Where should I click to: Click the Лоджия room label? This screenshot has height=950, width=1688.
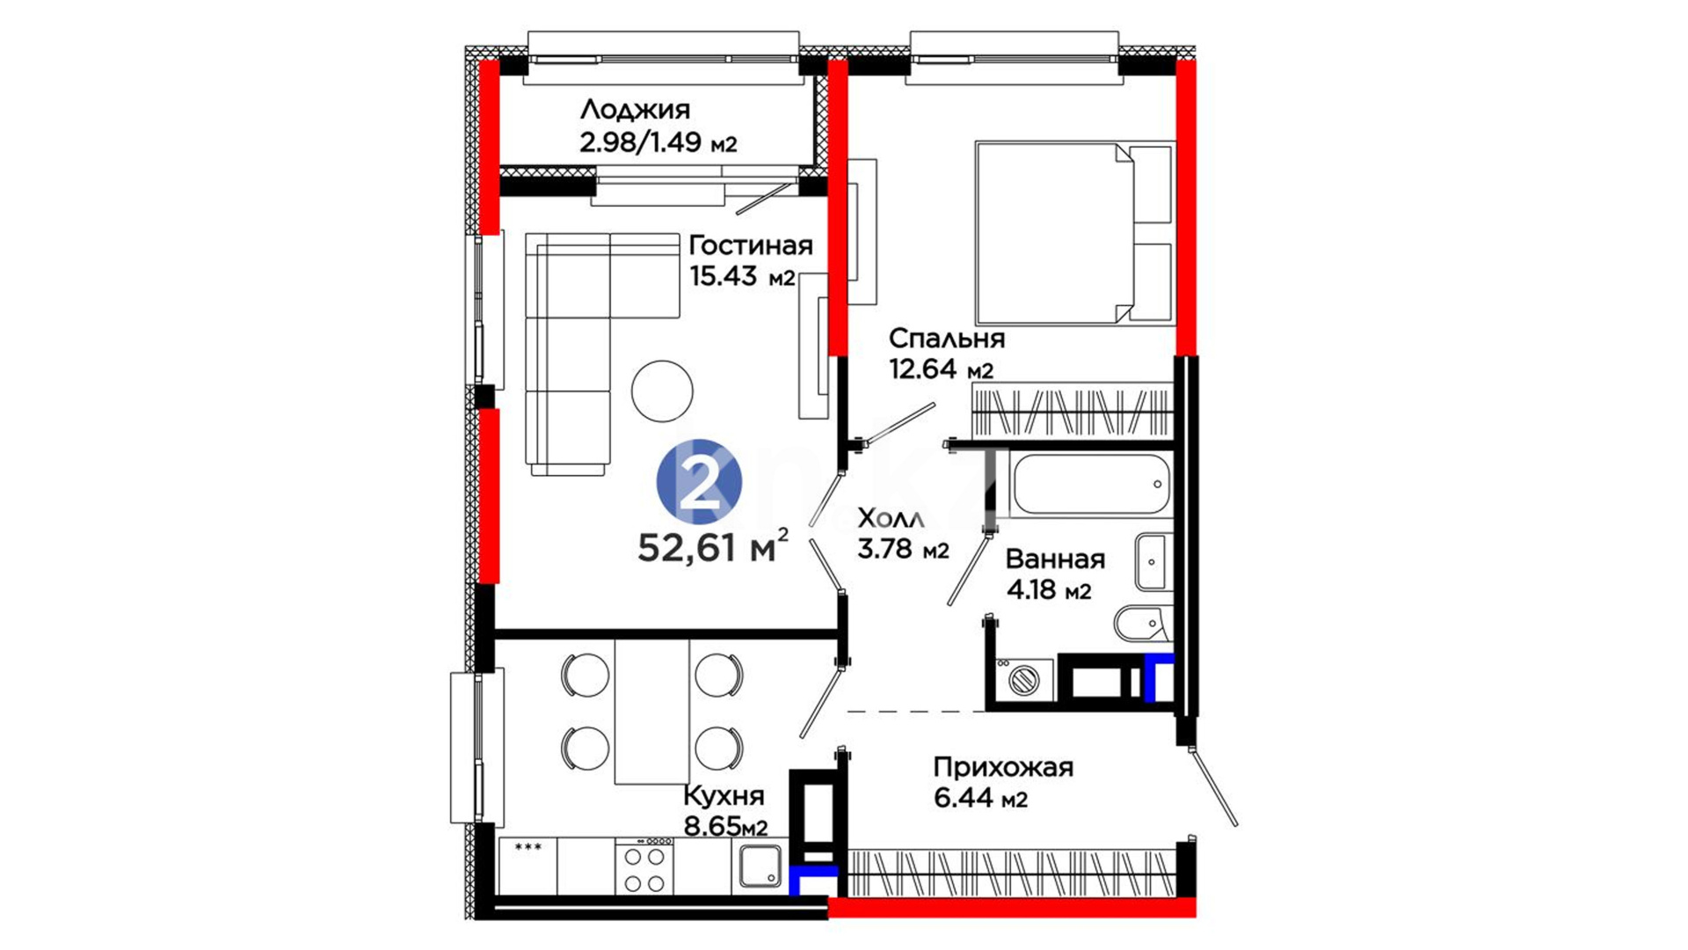(x=635, y=110)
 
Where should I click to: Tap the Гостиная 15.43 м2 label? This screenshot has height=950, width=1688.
(x=750, y=260)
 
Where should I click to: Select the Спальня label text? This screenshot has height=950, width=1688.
(x=946, y=338)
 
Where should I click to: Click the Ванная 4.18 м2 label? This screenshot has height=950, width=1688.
(x=1055, y=574)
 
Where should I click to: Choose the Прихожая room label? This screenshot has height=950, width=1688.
(x=1003, y=767)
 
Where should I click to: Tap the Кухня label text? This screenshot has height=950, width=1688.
(x=724, y=796)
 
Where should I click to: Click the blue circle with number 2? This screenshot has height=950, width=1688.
(x=700, y=482)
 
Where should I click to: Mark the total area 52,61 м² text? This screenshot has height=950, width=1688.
(x=713, y=546)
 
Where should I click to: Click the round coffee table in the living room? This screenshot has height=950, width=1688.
(x=662, y=391)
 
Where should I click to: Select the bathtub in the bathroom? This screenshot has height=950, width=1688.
(x=1090, y=484)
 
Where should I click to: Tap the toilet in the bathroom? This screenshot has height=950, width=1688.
(x=1141, y=625)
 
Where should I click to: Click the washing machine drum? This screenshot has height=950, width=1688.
(x=1023, y=680)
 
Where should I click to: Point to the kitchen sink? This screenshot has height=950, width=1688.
(x=760, y=866)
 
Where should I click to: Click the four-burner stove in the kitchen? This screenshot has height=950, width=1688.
(x=644, y=866)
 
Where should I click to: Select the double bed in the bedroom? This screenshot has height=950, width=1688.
(x=1074, y=233)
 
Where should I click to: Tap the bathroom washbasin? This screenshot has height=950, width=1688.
(x=1152, y=561)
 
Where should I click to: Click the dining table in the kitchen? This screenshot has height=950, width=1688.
(x=651, y=712)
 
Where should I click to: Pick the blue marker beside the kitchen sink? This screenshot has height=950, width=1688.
(x=812, y=880)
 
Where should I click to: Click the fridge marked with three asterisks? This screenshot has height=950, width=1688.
(x=527, y=866)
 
